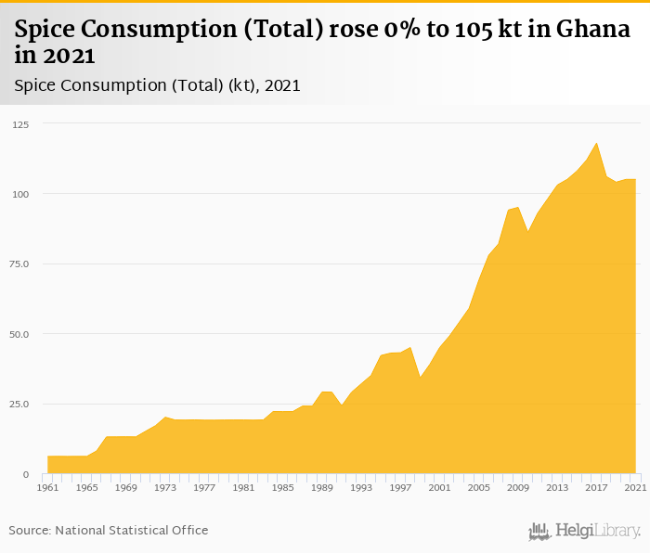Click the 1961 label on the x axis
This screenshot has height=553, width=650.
[x=47, y=487]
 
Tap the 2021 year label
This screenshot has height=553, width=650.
[x=635, y=487]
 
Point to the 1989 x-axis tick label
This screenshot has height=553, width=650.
[x=322, y=487]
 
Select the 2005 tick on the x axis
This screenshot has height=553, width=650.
[x=479, y=487]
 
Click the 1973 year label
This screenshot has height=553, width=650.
[x=165, y=487]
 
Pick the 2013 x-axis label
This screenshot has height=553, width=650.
[x=557, y=487]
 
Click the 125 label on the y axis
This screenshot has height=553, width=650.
[x=20, y=124]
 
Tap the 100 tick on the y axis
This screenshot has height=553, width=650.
[x=20, y=194]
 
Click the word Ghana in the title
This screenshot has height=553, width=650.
[x=593, y=30]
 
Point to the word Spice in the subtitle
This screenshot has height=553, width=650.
[x=37, y=85]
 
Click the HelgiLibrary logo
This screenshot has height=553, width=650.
[x=585, y=531]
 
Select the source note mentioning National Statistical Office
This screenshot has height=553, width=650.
[x=109, y=530]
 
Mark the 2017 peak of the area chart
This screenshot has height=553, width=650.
[x=596, y=143]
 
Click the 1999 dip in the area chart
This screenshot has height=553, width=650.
[x=420, y=377]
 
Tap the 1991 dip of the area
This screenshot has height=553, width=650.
[x=342, y=405]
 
